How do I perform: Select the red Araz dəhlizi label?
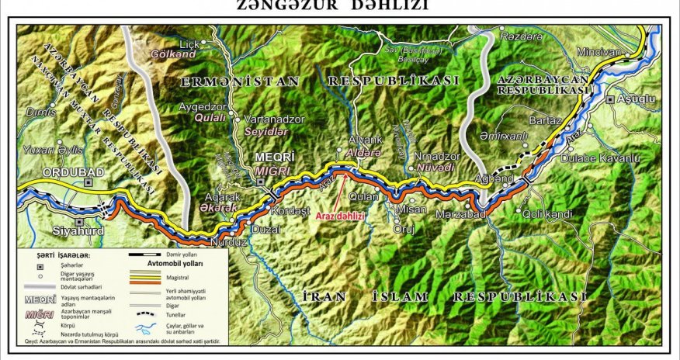pos(340,216)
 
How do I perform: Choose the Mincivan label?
pos(599,53)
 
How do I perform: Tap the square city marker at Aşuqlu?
pos(612,99)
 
